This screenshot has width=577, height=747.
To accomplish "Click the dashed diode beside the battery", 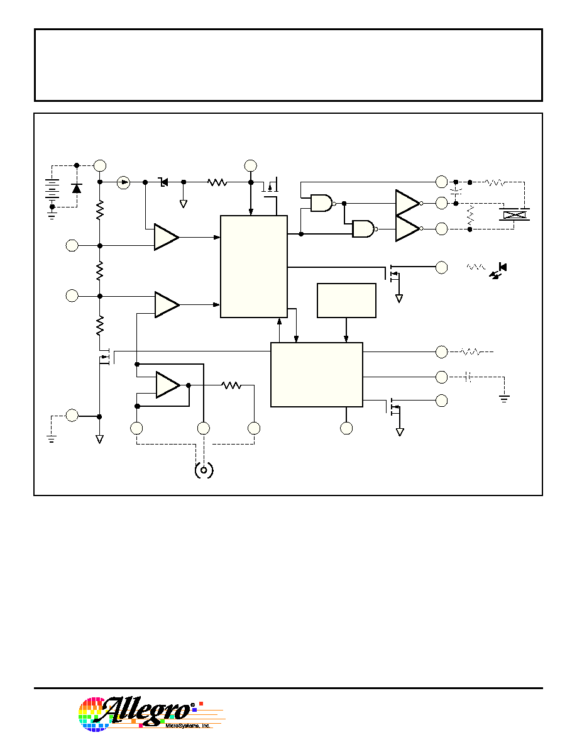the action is point(76,188).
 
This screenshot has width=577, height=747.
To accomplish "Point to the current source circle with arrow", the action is point(123,182).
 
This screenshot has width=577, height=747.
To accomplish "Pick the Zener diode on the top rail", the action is point(164,182).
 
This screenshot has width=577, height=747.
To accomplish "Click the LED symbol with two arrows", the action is point(498,270).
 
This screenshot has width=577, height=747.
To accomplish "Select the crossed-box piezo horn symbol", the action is point(514,215).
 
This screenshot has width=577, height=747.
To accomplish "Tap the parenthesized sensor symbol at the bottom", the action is point(204,471).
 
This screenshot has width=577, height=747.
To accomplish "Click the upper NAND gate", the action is point(322,203).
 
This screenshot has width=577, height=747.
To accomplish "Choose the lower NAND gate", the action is point(364,229).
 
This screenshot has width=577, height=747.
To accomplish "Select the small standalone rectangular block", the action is point(346,301).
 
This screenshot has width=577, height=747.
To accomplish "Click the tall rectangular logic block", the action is point(254,267).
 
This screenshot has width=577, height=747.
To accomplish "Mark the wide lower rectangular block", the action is point(317,375).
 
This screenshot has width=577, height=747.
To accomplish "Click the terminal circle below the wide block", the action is point(346,428).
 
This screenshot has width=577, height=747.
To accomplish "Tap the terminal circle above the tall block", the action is point(250,166).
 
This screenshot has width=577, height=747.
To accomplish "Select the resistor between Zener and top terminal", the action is point(217,182).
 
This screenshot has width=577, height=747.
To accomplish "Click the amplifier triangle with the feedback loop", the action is point(168,385).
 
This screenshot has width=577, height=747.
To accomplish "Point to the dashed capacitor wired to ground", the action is point(468,377).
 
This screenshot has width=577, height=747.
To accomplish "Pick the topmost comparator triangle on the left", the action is point(166,237).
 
